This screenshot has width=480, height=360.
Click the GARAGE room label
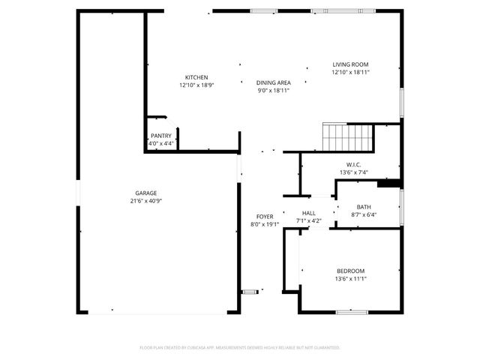(x=146, y=193)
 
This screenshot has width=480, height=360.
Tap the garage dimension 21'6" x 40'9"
(x=146, y=201)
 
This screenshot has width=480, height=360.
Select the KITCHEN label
(x=196, y=77)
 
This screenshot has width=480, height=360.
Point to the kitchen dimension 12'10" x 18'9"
(x=196, y=85)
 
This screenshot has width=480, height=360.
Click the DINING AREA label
(x=273, y=82)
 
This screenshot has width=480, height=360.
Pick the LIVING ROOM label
(x=351, y=64)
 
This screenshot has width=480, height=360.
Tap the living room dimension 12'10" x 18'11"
(x=351, y=73)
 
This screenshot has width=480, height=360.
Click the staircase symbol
(x=347, y=138)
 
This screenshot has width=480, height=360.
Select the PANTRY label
(x=161, y=136)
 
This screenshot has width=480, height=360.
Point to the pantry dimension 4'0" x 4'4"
(x=161, y=143)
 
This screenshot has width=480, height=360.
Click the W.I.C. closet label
(x=354, y=164)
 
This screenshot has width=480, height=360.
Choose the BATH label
(x=364, y=207)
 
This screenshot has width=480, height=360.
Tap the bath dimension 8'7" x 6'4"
(x=364, y=215)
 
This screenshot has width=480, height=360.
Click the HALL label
(x=309, y=213)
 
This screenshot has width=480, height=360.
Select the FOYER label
(x=264, y=216)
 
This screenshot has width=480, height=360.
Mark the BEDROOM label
(x=350, y=271)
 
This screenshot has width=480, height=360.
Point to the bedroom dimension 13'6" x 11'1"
(x=350, y=279)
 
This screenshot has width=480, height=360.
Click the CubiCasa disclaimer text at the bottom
(x=240, y=348)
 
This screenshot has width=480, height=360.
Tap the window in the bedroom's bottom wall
(x=351, y=311)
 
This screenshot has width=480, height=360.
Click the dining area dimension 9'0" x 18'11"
(x=273, y=90)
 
